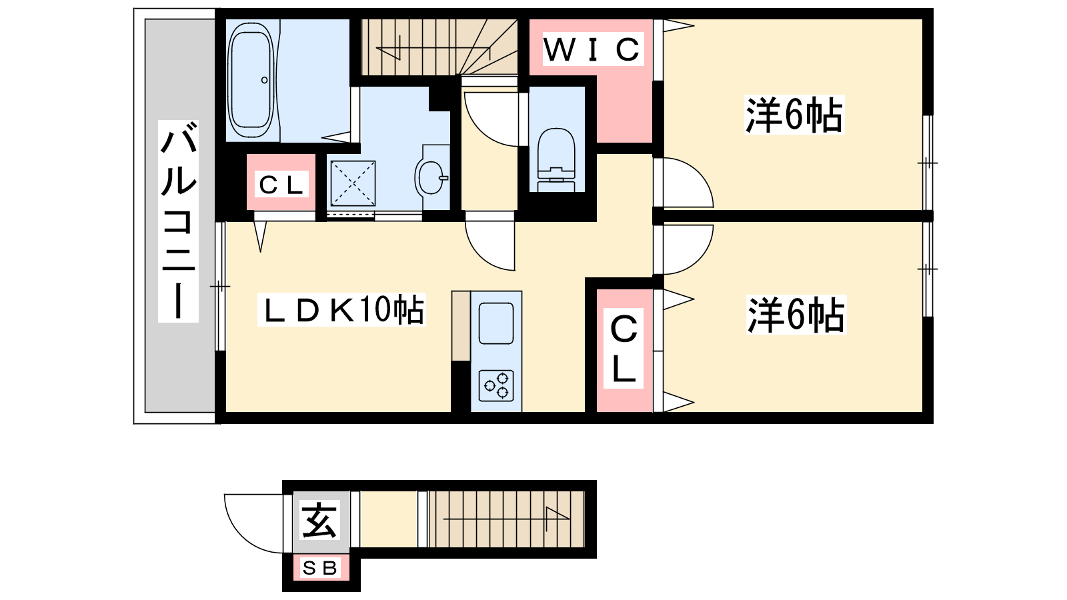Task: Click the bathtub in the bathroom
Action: click(x=251, y=81)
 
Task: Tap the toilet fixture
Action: click(x=556, y=160)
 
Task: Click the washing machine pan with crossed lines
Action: click(x=353, y=183)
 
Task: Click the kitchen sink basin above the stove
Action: click(x=496, y=323)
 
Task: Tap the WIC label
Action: click(x=593, y=49)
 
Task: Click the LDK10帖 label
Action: click(x=341, y=310)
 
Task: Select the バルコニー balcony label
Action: click(x=178, y=221)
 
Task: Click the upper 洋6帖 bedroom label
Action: click(x=794, y=115)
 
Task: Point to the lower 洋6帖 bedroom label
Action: click(x=796, y=315)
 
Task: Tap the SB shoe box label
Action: click(x=320, y=567)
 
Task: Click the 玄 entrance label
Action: click(x=319, y=520)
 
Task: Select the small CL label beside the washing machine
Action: click(x=281, y=185)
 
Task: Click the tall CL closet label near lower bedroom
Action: click(x=624, y=348)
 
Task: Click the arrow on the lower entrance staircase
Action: click(x=507, y=519)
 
